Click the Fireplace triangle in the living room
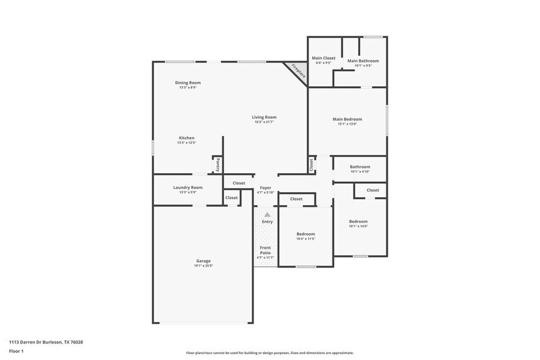click(x=297, y=71)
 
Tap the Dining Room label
click(x=188, y=83)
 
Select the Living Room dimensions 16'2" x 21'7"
click(x=264, y=122)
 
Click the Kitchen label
click(x=187, y=138)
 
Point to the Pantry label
click(x=217, y=165)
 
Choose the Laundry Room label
click(x=187, y=187)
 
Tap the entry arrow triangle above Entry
click(x=267, y=215)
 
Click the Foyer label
click(x=265, y=187)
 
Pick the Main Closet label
click(x=323, y=58)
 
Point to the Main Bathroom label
click(x=362, y=61)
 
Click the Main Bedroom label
click(x=347, y=119)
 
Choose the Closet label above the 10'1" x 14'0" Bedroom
click(x=372, y=190)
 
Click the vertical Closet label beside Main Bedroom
click(x=312, y=164)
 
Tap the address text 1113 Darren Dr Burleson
click(x=46, y=342)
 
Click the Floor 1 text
click(x=16, y=351)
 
